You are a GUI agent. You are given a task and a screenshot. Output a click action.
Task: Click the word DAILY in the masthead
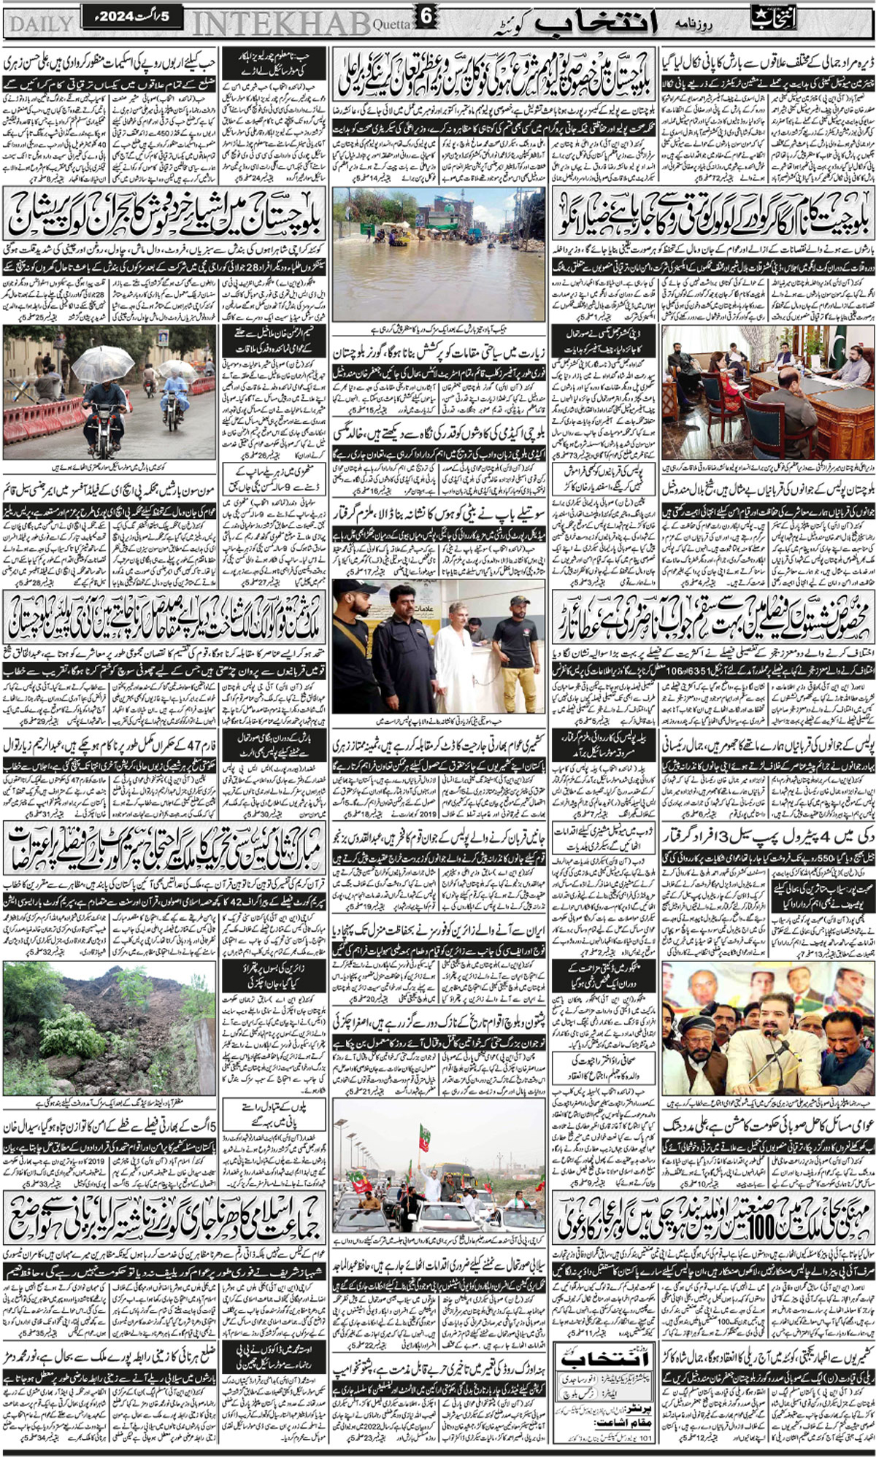40,23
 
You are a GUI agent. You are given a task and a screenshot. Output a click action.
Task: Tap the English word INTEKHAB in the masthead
281,23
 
